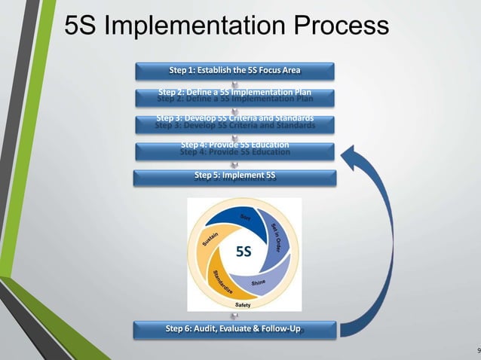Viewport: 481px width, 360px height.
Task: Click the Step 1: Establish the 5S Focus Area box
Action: [x=234, y=72]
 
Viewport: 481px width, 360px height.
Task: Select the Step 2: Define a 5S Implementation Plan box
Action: [x=234, y=96]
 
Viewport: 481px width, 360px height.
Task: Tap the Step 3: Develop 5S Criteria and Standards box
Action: [x=234, y=122]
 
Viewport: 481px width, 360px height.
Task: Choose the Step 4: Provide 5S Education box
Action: [x=234, y=149]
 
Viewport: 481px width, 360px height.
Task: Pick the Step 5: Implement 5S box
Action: [x=234, y=177]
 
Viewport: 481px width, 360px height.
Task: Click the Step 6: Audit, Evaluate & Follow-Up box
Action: [x=234, y=329]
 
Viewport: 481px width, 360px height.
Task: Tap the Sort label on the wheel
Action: [x=246, y=218]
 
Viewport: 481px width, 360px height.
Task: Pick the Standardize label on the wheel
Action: [x=225, y=281]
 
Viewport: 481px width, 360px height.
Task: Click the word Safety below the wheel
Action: [x=244, y=304]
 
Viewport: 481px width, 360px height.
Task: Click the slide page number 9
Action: [x=478, y=351]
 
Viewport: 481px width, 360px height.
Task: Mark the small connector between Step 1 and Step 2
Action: [x=234, y=84]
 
